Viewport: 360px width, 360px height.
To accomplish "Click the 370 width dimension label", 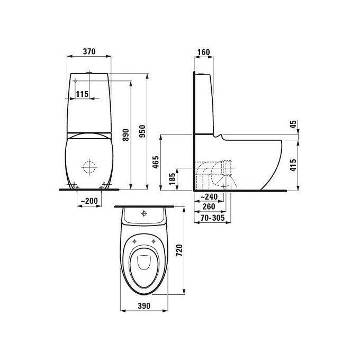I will [x=88, y=51].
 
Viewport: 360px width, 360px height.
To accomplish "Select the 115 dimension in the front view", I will [x=82, y=94].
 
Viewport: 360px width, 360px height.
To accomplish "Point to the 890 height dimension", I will [x=125, y=135].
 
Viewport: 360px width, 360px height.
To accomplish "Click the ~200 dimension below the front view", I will [x=88, y=201].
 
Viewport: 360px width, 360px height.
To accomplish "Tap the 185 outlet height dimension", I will [x=172, y=179].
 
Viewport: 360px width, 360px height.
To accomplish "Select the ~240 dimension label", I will [x=207, y=197].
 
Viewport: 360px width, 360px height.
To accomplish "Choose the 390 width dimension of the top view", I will [x=145, y=305].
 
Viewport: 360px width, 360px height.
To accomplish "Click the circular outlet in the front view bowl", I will [x=89, y=166].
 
